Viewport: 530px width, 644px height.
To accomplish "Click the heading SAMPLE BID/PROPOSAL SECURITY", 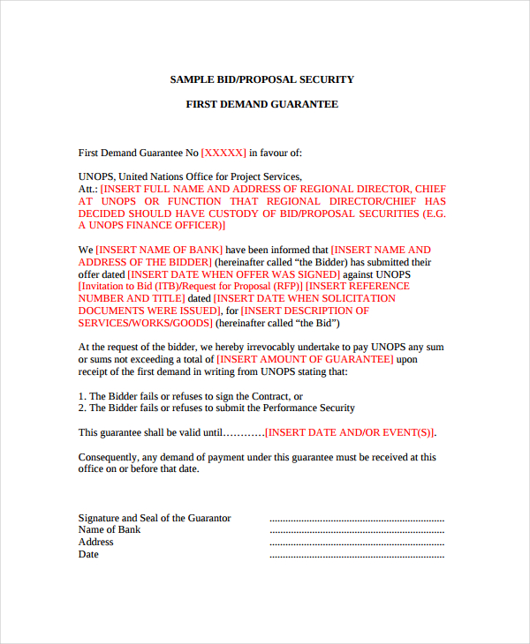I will tap(261, 79).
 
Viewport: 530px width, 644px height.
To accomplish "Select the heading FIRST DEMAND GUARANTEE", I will tap(261, 104).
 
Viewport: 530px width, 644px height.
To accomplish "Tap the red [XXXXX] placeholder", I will tap(223, 153).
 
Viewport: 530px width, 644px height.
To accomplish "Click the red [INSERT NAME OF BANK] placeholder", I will tap(160, 251).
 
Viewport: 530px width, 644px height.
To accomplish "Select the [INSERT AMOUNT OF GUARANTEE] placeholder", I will tap(305, 360).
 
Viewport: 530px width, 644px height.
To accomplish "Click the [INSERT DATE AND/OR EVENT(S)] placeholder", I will tap(351, 432).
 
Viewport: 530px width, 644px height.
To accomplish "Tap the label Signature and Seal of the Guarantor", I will tap(155, 518).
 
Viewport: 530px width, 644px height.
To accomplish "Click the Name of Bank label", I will tap(110, 529).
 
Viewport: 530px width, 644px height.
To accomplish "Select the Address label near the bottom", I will tap(95, 542).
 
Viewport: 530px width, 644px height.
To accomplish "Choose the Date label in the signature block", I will tap(88, 554).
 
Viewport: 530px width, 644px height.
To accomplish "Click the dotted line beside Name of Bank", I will tap(356, 531).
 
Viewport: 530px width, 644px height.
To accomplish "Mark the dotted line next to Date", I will tap(356, 556).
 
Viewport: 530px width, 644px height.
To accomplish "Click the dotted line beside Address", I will tap(356, 543).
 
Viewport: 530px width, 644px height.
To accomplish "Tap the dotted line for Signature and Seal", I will tap(356, 520).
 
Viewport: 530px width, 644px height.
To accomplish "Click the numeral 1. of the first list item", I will tap(82, 396).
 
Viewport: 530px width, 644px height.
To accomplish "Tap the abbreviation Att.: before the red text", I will tap(87, 189).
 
